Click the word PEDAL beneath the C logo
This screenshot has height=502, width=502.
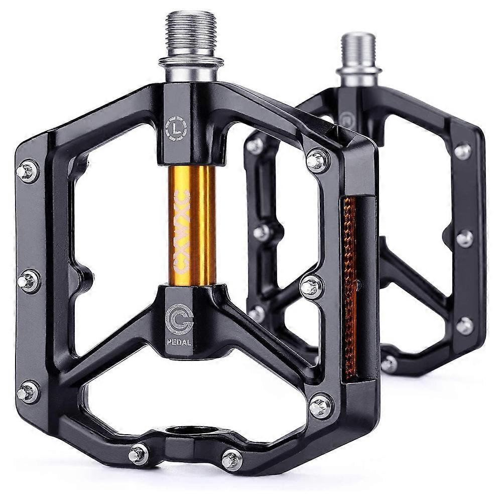pyautogui.click(x=180, y=343)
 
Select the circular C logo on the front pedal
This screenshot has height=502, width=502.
pyautogui.click(x=179, y=319)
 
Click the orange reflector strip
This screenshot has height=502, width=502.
pyautogui.click(x=350, y=286)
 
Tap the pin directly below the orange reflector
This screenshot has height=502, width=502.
pyautogui.click(x=320, y=405)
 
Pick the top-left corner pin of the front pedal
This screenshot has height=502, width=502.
pyautogui.click(x=28, y=171)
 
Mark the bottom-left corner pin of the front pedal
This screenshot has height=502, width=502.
pyautogui.click(x=29, y=391)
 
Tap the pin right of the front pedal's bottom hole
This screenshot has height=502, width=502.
pyautogui.click(x=231, y=459)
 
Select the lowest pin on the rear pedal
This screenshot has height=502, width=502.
pyautogui.click(x=389, y=363)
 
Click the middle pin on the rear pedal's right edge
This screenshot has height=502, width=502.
pyautogui.click(x=464, y=238)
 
